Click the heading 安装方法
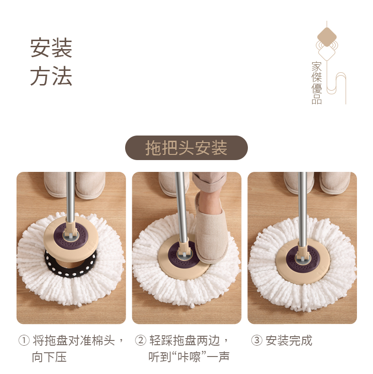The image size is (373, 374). [51, 62]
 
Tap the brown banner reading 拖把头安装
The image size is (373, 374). [186, 148]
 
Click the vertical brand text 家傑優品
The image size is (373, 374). [317, 83]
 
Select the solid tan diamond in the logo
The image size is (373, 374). [327, 37]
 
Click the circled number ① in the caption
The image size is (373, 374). [24, 340]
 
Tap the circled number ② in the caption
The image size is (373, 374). [141, 340]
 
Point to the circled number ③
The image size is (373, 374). [257, 340]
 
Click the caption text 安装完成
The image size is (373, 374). [289, 340]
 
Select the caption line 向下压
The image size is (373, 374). [49, 357]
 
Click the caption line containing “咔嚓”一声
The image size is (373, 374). [189, 357]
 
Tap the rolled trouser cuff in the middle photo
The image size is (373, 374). [209, 182]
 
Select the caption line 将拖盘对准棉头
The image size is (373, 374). [74, 340]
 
